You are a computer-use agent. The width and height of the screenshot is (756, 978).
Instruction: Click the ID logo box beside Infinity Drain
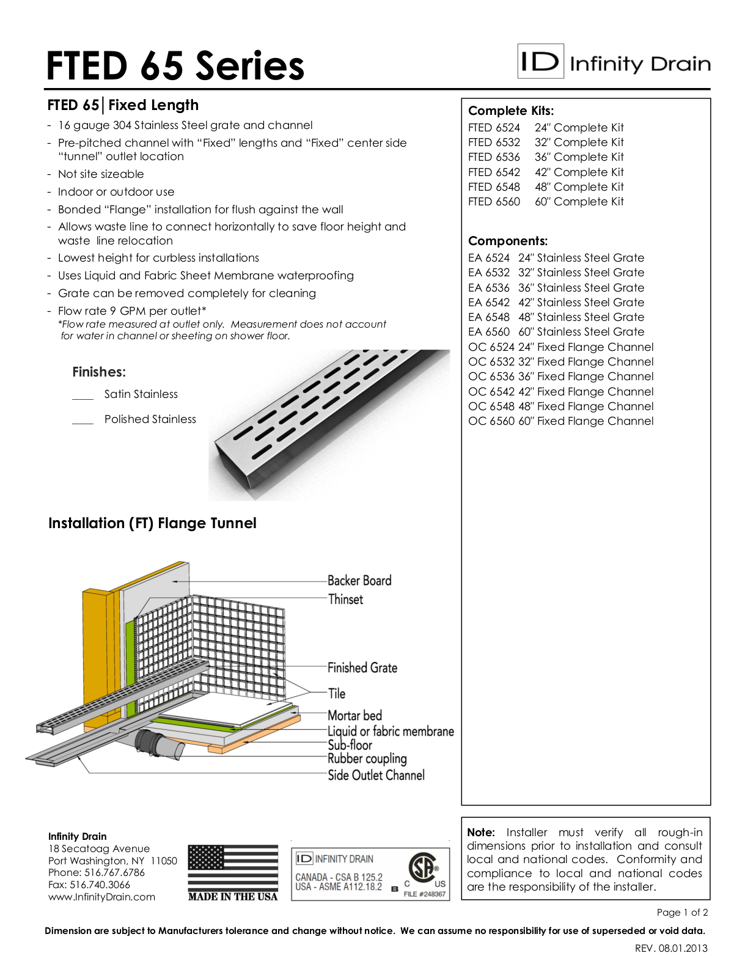click(540, 61)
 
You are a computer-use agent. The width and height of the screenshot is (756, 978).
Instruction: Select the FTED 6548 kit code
click(494, 187)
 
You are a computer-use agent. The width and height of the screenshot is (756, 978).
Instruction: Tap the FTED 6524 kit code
click(494, 128)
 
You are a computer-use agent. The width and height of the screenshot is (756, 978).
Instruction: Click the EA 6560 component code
click(488, 332)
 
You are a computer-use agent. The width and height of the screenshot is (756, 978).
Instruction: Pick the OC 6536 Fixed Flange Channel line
click(560, 377)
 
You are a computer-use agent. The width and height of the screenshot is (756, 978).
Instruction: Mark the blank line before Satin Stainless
click(83, 398)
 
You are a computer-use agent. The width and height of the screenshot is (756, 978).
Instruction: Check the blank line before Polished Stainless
click(83, 422)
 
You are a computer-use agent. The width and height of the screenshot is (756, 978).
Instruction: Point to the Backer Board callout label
click(359, 581)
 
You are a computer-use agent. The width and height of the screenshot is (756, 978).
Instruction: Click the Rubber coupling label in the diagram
click(367, 759)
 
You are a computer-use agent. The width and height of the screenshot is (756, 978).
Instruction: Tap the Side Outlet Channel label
click(376, 776)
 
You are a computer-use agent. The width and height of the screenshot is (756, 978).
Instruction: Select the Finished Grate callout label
click(362, 668)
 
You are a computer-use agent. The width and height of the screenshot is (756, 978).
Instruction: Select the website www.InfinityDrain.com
click(101, 897)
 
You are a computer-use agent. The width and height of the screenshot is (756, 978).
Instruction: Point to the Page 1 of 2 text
click(682, 913)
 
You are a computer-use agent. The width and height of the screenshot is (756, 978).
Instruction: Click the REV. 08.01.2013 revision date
click(671, 949)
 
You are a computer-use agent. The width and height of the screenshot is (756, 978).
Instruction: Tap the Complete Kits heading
click(510, 111)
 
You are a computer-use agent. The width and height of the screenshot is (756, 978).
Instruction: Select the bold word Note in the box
click(480, 833)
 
